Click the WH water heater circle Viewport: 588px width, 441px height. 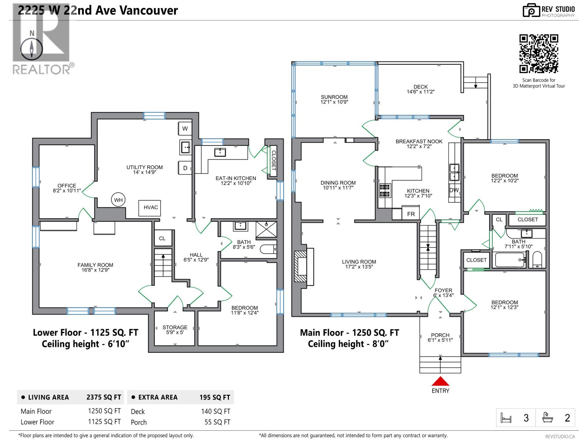[118, 200]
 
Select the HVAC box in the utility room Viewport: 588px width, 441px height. [151, 208]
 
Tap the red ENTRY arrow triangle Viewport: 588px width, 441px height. [440, 381]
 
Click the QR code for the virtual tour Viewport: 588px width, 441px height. [538, 54]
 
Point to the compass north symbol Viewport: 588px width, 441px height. [32, 49]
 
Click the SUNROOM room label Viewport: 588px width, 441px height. [334, 97]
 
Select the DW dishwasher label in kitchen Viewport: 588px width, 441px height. [454, 190]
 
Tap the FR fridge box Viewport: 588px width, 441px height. [411, 214]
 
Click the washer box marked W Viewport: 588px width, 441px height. [185, 129]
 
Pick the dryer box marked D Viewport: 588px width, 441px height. [185, 168]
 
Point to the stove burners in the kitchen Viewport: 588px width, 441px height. [385, 190]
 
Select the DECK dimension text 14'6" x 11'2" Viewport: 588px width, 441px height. [420, 92]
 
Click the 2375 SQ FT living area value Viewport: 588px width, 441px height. [104, 397]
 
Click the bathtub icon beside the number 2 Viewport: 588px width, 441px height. [548, 418]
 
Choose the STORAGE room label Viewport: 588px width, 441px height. [175, 327]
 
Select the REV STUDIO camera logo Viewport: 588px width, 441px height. [531, 11]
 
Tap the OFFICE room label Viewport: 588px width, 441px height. [67, 186]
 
